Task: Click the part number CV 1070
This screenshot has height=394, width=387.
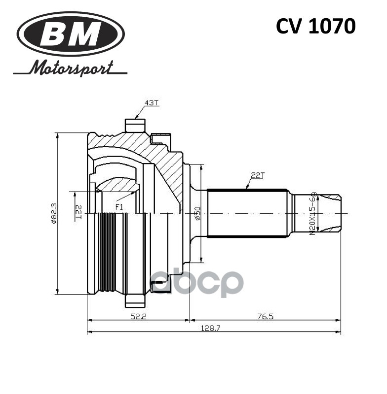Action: click(315, 27)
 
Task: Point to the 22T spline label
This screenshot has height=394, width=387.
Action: click(258, 175)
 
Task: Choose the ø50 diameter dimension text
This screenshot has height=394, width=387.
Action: click(197, 213)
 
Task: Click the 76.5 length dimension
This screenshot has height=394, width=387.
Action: click(265, 316)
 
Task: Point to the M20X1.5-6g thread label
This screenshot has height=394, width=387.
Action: click(312, 213)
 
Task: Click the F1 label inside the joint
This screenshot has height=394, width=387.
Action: click(119, 207)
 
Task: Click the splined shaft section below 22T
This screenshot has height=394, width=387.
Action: click(247, 213)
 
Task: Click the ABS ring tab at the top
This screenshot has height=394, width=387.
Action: click(135, 125)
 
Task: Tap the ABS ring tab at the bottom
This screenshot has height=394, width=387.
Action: click(135, 300)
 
